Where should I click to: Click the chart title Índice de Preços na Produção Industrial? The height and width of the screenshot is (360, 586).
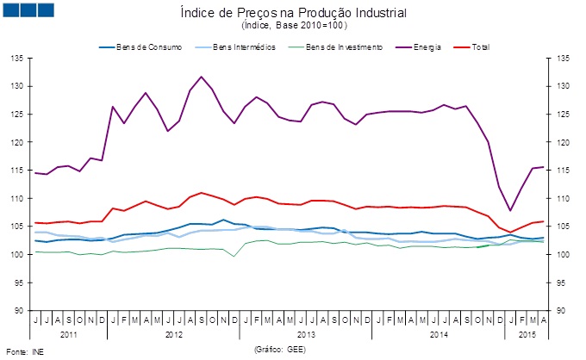pos(293,13)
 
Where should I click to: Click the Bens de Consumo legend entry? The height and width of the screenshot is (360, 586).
pos(140,47)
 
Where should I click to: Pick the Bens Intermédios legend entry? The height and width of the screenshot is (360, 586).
pos(235,47)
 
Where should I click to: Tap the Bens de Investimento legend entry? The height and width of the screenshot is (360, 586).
pos(335,47)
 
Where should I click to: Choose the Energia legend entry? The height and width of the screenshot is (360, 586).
pos(419,47)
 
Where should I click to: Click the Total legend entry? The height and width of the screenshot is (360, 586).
pos(471,47)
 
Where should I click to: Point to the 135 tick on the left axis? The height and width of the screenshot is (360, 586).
pos(17,59)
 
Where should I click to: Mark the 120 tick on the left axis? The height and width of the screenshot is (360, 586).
pos(17,142)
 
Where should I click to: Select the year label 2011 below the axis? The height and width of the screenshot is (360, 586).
pos(69,334)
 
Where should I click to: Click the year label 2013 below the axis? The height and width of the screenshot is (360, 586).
pos(306,334)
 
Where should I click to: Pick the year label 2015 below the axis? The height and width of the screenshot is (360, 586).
pos(527,334)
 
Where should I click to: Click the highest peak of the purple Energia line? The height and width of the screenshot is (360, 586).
pos(202,77)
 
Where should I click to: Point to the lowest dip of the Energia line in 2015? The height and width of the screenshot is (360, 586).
pos(510,211)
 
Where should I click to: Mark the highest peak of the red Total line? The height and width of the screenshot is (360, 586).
pos(202,193)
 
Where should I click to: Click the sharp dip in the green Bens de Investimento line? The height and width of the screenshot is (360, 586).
pos(234,256)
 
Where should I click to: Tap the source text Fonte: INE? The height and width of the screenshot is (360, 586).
pos(25,351)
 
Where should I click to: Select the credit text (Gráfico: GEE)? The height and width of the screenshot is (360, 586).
pos(280,350)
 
